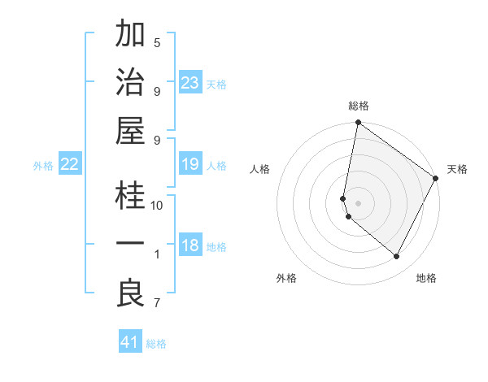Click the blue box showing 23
pos(190,83)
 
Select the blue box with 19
pos(190,165)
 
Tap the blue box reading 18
pos(190,246)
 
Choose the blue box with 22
pos(70,165)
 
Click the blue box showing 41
pos(130,342)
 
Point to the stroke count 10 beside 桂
pos(157,206)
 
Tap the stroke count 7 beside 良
pos(157,304)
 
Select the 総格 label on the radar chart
pos(358,106)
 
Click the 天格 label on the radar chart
pos(457,169)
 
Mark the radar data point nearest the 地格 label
pos(397,257)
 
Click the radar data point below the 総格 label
pos(358,124)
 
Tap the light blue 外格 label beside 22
pos(43,166)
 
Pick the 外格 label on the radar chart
pos(286,278)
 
